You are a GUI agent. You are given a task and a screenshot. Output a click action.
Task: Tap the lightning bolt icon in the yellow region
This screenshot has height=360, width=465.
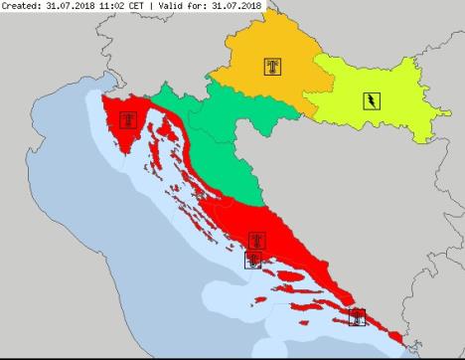coord(369,100)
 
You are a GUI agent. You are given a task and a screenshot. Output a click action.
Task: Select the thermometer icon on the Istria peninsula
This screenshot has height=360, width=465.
coord(127,120)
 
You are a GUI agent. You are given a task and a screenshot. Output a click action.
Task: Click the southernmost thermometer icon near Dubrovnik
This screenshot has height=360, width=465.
coord(357,317)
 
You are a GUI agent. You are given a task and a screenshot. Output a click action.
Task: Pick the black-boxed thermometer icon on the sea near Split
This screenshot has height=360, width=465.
coord(254,261)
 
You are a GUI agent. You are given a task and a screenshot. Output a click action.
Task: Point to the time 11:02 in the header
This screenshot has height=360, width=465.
coord(118,6)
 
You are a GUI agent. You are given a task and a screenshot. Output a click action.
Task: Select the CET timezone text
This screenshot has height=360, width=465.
coord(148,6)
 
